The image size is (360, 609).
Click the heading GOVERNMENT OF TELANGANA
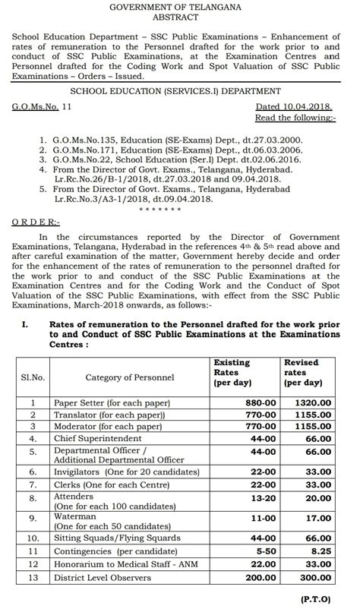point(180,7)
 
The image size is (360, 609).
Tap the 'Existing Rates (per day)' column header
point(235,370)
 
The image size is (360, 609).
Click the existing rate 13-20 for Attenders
point(235,497)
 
